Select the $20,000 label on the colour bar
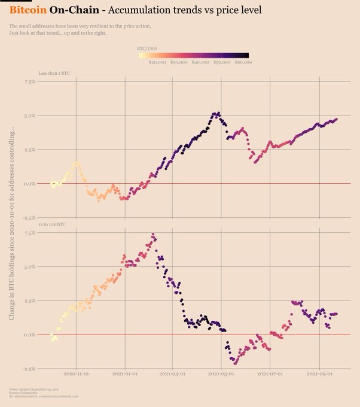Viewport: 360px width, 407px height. tap(157, 62)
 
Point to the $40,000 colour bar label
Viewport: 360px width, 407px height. tap(200, 62)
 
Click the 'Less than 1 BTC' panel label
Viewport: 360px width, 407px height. tap(54, 72)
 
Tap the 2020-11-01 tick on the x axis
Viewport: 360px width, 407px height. tap(76, 373)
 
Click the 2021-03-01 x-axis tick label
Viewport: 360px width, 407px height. tap(173, 373)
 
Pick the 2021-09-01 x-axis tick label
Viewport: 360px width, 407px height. tap(319, 373)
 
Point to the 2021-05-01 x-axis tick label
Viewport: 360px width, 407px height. tap(221, 373)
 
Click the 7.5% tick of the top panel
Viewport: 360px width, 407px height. tap(29, 81)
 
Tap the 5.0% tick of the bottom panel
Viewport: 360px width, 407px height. tap(29, 267)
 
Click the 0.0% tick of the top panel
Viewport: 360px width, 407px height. tap(29, 184)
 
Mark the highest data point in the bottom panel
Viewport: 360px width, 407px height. tap(153, 235)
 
